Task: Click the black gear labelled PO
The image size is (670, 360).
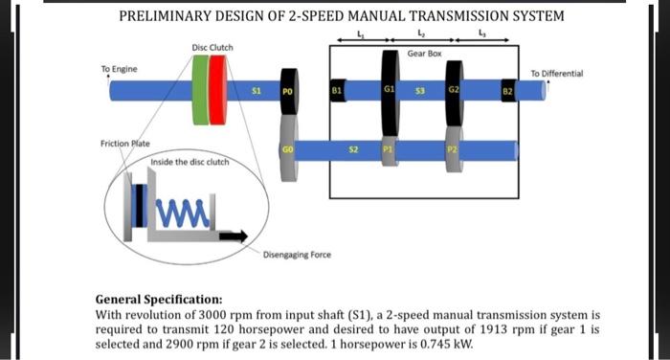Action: tap(288, 92)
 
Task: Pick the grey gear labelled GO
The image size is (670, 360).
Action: tap(288, 150)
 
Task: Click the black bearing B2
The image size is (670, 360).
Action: tap(508, 92)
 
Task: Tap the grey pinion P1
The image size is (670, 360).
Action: tap(389, 150)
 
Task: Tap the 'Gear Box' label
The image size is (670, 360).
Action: tap(423, 54)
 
